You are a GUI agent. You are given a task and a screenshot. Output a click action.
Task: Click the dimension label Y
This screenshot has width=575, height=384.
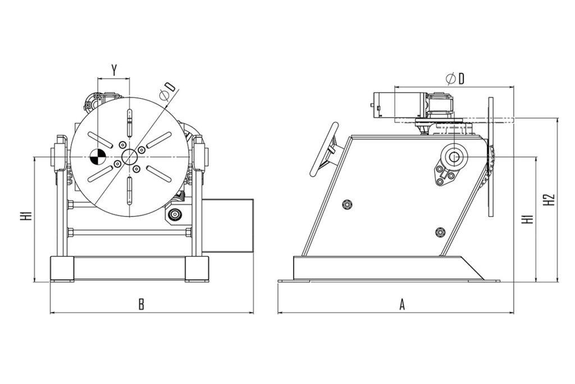point(114,69)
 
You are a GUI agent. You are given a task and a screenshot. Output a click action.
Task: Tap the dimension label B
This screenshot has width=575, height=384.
point(141,304)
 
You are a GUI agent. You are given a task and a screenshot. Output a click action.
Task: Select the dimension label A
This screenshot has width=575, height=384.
point(402,304)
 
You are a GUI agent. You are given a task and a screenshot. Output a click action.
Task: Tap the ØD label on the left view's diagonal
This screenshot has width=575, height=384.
point(168,91)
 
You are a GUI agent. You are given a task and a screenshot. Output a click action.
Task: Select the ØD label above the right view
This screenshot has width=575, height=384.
point(455,79)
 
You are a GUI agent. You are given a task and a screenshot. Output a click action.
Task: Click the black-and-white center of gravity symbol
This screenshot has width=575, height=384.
point(97,157)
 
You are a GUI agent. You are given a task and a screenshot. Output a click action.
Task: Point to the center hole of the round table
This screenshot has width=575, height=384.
point(129,157)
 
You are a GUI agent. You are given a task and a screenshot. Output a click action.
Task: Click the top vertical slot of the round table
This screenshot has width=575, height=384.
point(129,122)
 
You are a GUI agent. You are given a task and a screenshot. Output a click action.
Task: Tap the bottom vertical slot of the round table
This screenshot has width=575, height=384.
point(129,191)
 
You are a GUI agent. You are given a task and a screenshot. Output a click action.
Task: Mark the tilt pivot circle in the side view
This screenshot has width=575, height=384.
point(454,157)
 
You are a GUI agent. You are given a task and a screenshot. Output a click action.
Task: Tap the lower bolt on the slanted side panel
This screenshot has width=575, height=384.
point(440,232)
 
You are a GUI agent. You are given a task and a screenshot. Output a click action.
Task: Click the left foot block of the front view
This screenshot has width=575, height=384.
point(62,269)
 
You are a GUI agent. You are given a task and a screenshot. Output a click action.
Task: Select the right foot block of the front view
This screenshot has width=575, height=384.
point(197,269)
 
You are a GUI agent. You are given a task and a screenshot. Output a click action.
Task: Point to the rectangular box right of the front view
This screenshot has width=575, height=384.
point(228,225)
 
